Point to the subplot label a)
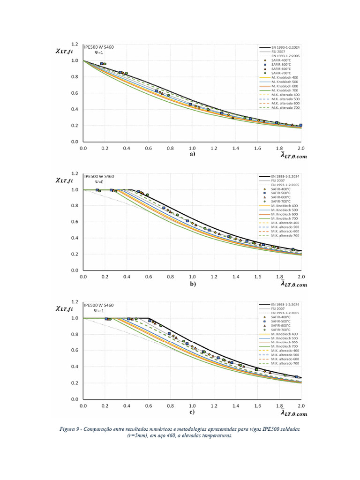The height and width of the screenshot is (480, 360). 192,154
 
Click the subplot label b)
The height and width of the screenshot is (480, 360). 192,283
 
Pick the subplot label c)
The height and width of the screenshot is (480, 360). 192,412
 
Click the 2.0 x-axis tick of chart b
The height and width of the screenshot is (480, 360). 300,277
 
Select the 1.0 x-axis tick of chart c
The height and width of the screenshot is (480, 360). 192,405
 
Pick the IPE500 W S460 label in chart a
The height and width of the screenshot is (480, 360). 98,47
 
